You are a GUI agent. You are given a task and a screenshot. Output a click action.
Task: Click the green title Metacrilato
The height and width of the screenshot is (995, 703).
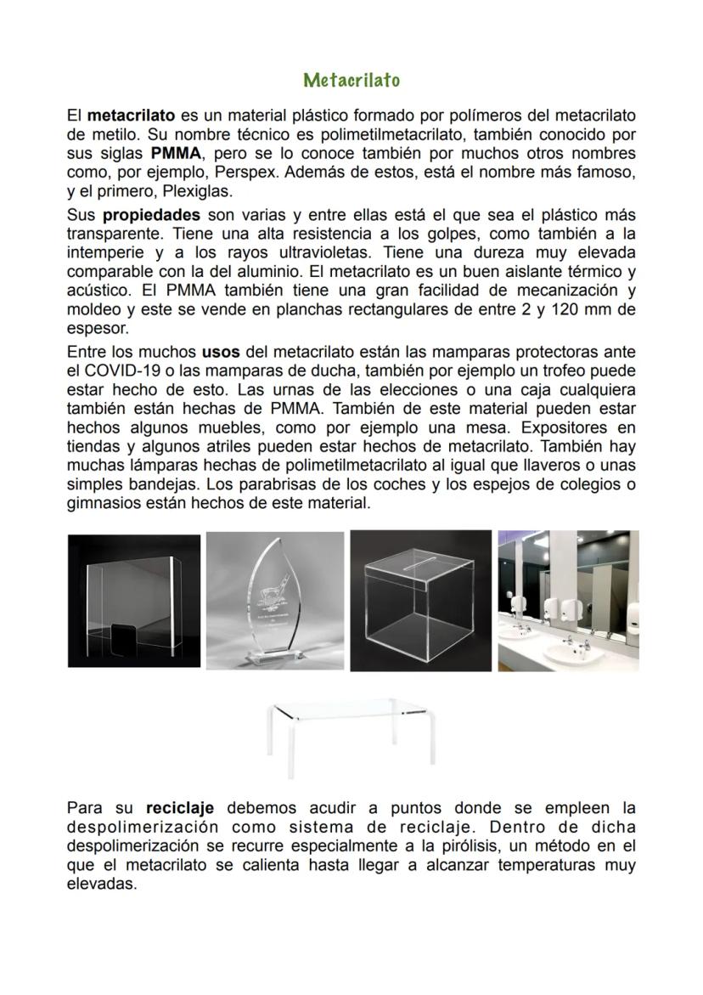tap(351, 80)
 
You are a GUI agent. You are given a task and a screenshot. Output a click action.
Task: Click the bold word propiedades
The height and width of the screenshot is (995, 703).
tap(151, 215)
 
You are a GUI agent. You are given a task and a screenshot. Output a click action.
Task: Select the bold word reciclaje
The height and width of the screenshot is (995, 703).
tap(179, 808)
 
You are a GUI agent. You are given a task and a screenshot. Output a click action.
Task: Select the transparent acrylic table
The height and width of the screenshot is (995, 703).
tap(351, 730)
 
